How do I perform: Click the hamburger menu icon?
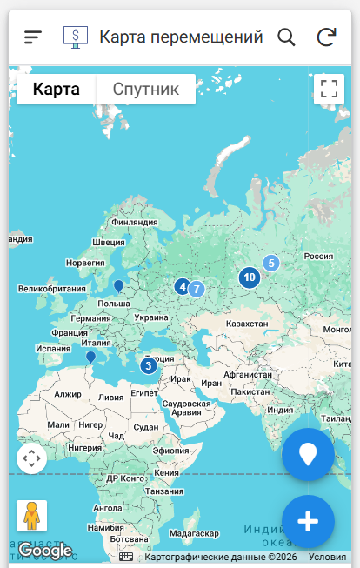click(x=33, y=37)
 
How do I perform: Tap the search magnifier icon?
click(x=286, y=37)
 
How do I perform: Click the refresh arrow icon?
click(x=326, y=37)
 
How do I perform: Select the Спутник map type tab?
click(x=146, y=89)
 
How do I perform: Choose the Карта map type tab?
click(x=57, y=89)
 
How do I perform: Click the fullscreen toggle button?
click(x=328, y=89)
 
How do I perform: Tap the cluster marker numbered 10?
click(x=250, y=277)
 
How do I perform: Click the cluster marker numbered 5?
click(x=271, y=263)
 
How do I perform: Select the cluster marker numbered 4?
click(x=182, y=285)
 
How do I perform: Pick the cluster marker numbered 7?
click(x=197, y=289)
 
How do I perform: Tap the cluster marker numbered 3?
click(x=148, y=365)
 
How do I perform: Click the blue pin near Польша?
click(x=118, y=284)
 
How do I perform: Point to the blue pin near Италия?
click(x=90, y=357)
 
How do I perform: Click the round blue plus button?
click(x=308, y=521)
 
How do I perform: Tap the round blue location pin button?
click(x=308, y=454)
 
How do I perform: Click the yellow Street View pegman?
click(x=32, y=516)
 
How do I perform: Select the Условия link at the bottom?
click(x=327, y=557)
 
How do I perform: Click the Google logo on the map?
click(x=44, y=551)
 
